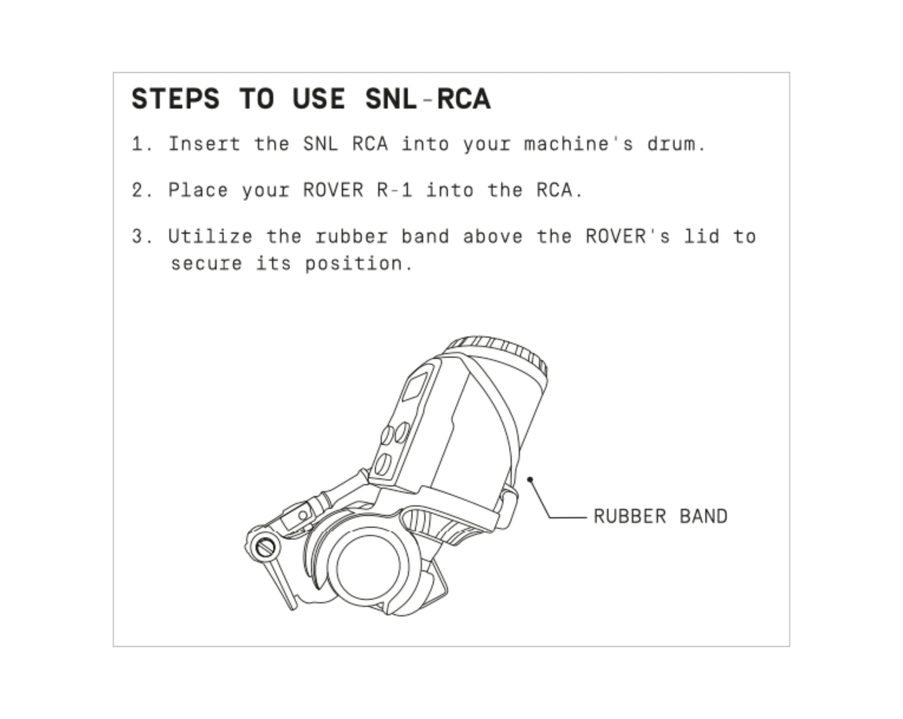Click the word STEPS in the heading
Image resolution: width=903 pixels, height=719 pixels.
click(175, 99)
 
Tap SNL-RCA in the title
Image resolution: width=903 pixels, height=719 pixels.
click(428, 99)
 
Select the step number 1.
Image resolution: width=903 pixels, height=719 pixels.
click(142, 145)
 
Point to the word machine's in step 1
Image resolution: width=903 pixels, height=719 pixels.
click(578, 145)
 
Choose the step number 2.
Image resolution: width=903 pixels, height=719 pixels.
click(142, 190)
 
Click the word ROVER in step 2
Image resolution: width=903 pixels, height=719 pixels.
click(333, 190)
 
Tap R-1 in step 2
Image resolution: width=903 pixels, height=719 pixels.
click(395, 190)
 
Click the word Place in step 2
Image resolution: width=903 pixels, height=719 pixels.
click(198, 190)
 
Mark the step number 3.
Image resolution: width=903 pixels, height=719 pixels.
click(142, 237)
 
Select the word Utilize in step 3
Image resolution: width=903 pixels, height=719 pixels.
click(210, 236)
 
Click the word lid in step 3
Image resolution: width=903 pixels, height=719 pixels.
click(702, 236)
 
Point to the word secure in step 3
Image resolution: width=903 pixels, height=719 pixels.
click(206, 265)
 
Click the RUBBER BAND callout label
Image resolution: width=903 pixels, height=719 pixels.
click(660, 516)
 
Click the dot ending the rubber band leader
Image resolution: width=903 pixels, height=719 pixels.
click(530, 479)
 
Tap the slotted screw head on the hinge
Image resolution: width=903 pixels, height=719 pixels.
click(265, 547)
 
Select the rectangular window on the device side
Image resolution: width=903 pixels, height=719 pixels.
click(415, 387)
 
